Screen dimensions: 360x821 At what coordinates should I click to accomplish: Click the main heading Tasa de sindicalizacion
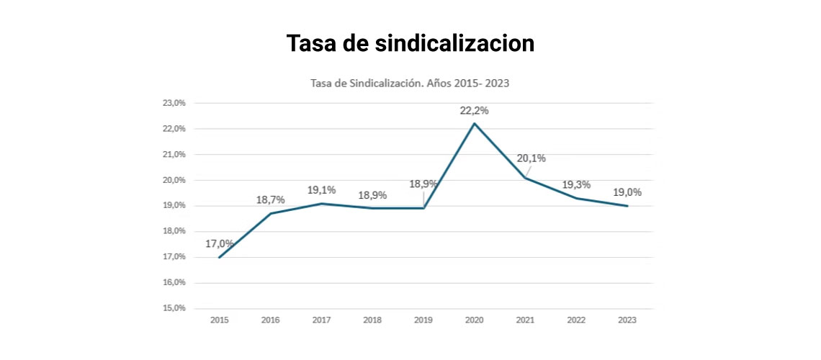(x=410, y=43)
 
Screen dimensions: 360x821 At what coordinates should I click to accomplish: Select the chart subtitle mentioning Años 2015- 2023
(x=410, y=84)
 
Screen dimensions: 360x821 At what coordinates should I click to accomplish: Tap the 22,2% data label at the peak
(x=475, y=110)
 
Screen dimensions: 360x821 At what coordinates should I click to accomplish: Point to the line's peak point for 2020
(x=475, y=123)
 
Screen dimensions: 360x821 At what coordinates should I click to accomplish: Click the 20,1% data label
(x=531, y=159)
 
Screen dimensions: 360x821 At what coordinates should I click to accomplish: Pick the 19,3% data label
(x=576, y=184)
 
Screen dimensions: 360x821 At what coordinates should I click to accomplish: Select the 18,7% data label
(x=271, y=199)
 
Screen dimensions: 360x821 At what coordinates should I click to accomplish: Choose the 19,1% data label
(x=322, y=190)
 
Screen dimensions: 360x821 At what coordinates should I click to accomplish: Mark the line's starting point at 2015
(x=220, y=257)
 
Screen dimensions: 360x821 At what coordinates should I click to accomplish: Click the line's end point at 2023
(x=627, y=206)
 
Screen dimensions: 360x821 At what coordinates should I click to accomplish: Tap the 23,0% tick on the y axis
(x=174, y=103)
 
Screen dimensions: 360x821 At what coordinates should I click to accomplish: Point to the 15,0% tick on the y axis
(x=174, y=308)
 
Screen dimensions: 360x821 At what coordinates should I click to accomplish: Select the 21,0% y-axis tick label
(x=174, y=154)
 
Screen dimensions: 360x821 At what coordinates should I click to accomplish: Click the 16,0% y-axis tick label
(x=174, y=282)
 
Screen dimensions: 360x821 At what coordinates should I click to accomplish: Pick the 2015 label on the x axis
(x=220, y=320)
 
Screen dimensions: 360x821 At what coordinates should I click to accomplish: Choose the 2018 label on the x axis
(x=372, y=320)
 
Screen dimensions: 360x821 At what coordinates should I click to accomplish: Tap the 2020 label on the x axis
(x=475, y=320)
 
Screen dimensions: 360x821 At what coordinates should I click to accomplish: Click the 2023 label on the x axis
(x=627, y=320)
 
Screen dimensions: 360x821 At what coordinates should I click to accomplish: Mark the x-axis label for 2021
(x=526, y=320)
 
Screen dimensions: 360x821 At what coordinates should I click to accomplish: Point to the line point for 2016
(x=271, y=213)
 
